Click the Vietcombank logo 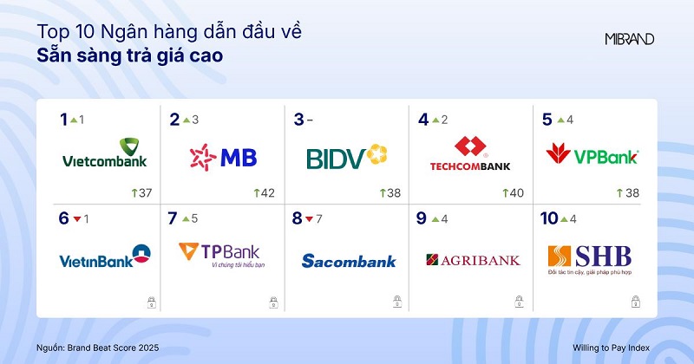click(x=104, y=153)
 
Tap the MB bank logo click(x=223, y=157)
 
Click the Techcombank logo click(x=470, y=153)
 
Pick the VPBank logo click(x=592, y=155)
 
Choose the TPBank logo click(x=223, y=254)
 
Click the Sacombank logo click(x=349, y=260)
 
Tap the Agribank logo click(x=473, y=259)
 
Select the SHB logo click(x=591, y=257)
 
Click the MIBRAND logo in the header click(x=629, y=39)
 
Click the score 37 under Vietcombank click(x=145, y=192)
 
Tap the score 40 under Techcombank click(x=515, y=192)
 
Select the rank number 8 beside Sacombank click(x=297, y=218)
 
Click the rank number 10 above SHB click(x=548, y=218)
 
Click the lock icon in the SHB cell click(x=634, y=302)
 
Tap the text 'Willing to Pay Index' click(x=616, y=347)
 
